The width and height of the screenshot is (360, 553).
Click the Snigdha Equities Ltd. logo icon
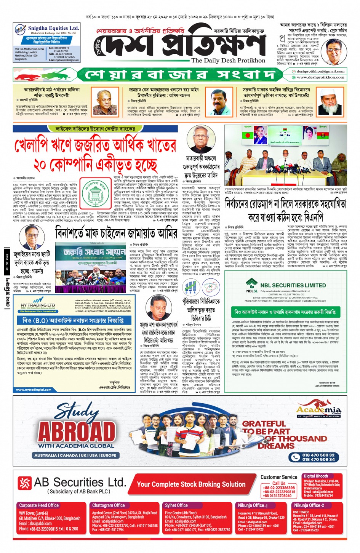tap(20, 29)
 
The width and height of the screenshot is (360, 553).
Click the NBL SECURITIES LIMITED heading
tap(293, 285)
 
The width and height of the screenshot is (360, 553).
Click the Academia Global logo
tap(318, 411)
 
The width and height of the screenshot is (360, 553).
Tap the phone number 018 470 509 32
tap(318, 455)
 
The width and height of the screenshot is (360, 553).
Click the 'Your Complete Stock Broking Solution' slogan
tap(191, 484)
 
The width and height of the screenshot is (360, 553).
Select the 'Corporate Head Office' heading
tap(39, 505)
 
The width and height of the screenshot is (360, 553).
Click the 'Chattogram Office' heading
tap(109, 505)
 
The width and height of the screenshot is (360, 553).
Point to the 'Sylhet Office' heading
tap(176, 505)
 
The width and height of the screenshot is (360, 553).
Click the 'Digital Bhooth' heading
tap(316, 476)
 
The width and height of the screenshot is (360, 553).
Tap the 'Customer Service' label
tap(279, 477)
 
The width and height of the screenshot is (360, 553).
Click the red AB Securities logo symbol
tap(25, 483)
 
